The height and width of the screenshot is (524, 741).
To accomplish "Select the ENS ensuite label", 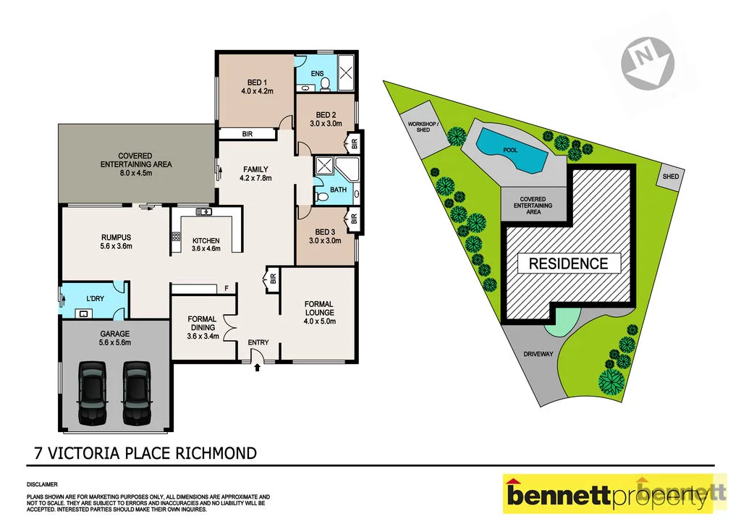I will coord(317,73).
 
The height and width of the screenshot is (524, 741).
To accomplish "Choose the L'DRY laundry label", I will coord(96,298).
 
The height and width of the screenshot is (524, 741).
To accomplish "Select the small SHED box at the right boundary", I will coord(671,177).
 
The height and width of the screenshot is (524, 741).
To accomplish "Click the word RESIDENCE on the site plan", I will coord(568,263).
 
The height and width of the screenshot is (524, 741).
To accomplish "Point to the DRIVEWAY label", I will coord(537,355).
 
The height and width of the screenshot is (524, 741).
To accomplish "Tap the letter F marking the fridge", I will coord(226,289).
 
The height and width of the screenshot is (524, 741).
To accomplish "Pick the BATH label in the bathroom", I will coord(338,190).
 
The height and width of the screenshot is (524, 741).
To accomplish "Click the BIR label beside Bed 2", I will coord(354,143).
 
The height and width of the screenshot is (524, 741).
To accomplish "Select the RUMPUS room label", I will coord(116,237).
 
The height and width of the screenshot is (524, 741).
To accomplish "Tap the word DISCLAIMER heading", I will coord(42,483).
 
